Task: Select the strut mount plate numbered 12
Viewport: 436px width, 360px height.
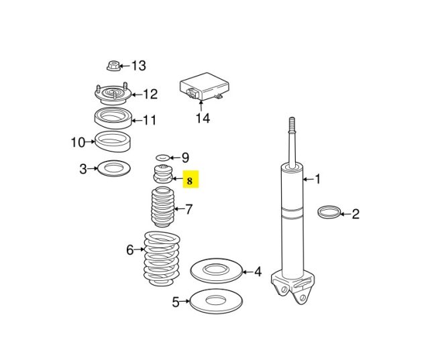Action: [x=111, y=94]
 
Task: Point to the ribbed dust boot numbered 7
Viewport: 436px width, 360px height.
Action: [x=161, y=210]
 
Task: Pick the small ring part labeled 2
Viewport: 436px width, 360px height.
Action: [x=328, y=214]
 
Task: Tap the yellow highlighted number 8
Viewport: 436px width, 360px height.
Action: [x=191, y=180]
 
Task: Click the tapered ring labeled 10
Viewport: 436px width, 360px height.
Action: [x=111, y=141]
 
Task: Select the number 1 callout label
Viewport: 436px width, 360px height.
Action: [x=317, y=179]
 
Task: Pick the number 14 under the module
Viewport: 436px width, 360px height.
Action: [x=202, y=119]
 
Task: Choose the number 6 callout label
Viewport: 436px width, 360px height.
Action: [x=130, y=250]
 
